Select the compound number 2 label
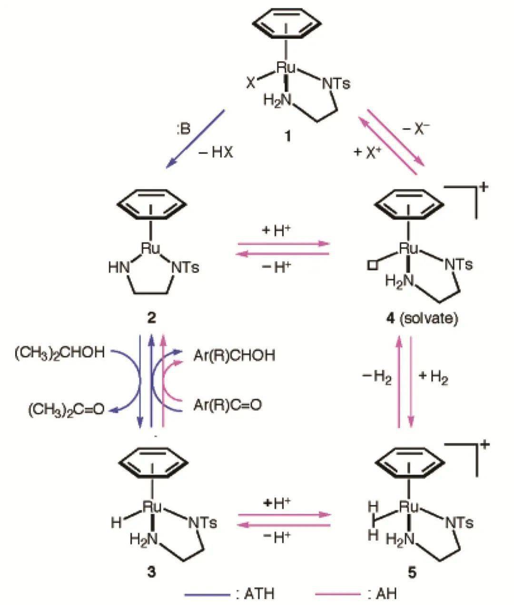(151, 318)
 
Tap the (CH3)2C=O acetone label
(65, 409)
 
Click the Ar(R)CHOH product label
(234, 355)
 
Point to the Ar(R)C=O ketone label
(227, 405)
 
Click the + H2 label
(433, 378)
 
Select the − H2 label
(376, 378)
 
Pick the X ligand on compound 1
(250, 83)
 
